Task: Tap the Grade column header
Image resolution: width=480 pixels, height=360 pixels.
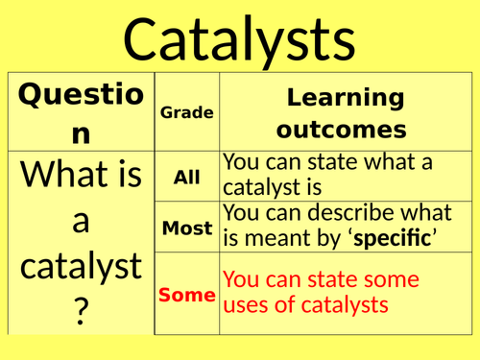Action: (x=186, y=112)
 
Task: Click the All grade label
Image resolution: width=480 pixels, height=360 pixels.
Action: (x=186, y=177)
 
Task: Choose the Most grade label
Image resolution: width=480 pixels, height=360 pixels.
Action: (x=186, y=228)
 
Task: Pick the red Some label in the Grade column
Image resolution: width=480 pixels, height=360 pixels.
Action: (x=186, y=295)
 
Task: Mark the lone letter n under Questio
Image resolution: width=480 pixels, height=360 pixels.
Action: (x=80, y=133)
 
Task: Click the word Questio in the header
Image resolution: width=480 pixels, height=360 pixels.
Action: (x=80, y=97)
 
